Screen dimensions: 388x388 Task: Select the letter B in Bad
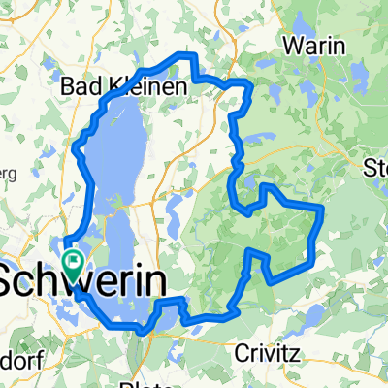tap(67, 87)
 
